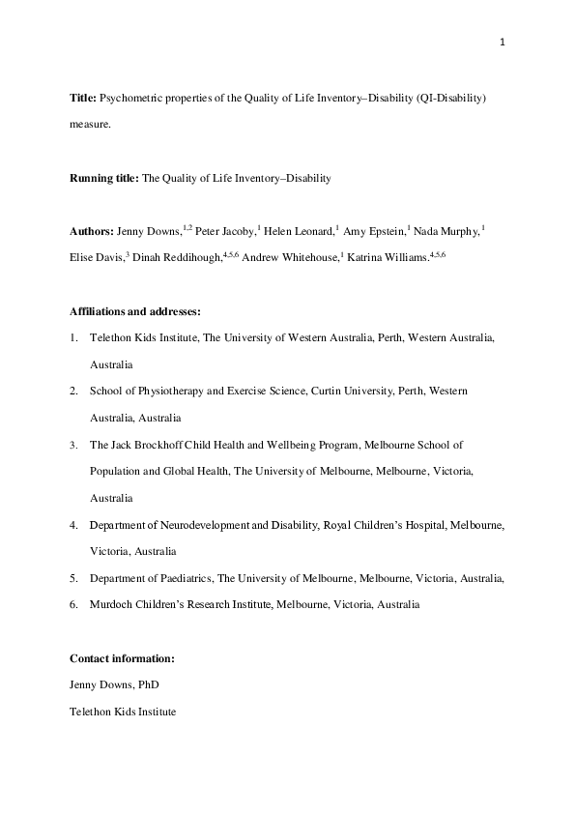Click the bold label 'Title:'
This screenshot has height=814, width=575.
(x=82, y=101)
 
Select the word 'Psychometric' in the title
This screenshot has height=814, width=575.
(x=129, y=101)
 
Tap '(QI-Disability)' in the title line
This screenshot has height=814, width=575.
(x=450, y=101)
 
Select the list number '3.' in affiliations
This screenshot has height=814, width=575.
(x=74, y=445)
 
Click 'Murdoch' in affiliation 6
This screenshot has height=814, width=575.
(x=110, y=604)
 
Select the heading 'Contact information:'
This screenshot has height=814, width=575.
(x=122, y=658)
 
